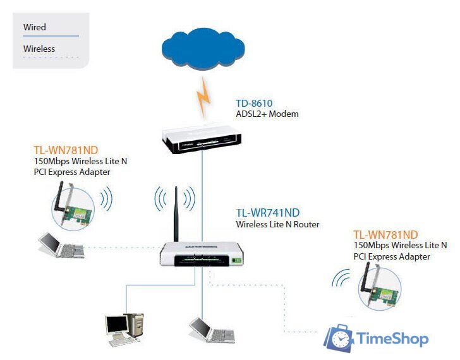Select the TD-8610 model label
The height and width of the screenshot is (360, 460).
pos(254,103)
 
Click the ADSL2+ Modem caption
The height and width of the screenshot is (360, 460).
pos(267,114)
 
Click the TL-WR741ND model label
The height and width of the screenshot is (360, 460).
pos(268,213)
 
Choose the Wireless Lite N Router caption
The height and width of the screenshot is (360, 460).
pos(277,224)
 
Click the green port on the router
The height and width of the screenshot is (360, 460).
pos(238,258)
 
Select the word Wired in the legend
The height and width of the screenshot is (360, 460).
pos(35,27)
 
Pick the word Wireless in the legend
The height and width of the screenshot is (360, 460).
pos(39,49)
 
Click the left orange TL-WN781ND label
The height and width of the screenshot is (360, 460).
pos(65,150)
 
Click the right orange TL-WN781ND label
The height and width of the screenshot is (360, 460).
pos(385,234)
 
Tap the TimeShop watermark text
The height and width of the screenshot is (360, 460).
pos(392,339)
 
